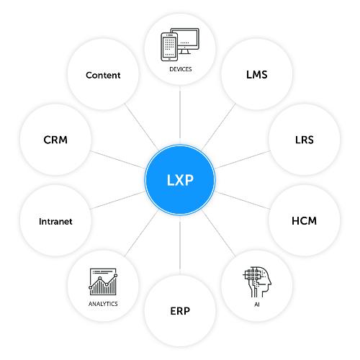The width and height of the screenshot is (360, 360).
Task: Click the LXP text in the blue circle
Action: [x=180, y=180]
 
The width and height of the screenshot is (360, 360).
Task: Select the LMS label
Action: [x=257, y=75]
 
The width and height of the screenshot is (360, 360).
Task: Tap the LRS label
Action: [x=305, y=140]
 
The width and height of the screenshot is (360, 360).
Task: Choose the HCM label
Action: [x=304, y=221]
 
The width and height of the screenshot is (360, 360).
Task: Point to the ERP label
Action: [x=180, y=311]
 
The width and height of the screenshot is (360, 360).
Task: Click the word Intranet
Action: [x=55, y=222]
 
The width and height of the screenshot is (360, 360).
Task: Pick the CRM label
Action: [x=55, y=140]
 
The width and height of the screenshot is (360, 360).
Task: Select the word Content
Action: [x=103, y=75]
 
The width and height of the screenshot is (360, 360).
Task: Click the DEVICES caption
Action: [x=181, y=69]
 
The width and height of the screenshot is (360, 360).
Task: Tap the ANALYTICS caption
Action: [x=103, y=304]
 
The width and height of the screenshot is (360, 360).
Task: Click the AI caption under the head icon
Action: [x=257, y=305]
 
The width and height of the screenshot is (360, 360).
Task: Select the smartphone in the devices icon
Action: [x=169, y=47]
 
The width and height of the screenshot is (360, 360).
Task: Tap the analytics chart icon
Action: [x=103, y=282]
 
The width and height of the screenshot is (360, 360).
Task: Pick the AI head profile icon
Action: [x=257, y=282]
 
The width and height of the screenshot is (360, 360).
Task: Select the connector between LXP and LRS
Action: [x=243, y=160]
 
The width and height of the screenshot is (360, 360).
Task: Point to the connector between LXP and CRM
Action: [x=117, y=160]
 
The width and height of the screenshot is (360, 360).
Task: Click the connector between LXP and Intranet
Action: [x=117, y=200]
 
